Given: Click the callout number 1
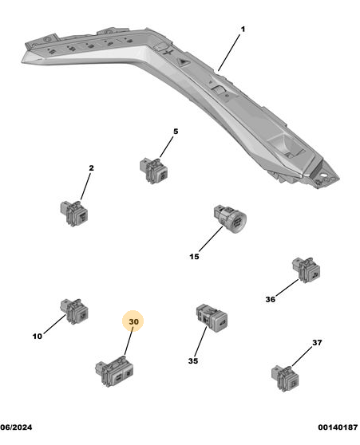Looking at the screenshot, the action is pyautogui.click(x=243, y=30).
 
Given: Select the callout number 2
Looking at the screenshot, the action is pyautogui.click(x=91, y=168).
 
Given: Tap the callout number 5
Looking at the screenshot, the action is pyautogui.click(x=176, y=132).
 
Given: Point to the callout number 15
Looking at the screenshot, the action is pyautogui.click(x=194, y=257).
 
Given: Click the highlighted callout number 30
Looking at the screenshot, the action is pyautogui.click(x=133, y=321).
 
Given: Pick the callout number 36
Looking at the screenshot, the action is pyautogui.click(x=271, y=299).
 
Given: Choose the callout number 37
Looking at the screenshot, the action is pyautogui.click(x=317, y=343).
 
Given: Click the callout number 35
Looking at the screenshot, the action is pyautogui.click(x=193, y=361).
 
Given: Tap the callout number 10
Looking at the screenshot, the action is pyautogui.click(x=38, y=337).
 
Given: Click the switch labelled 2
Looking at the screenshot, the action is pyautogui.click(x=74, y=213).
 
